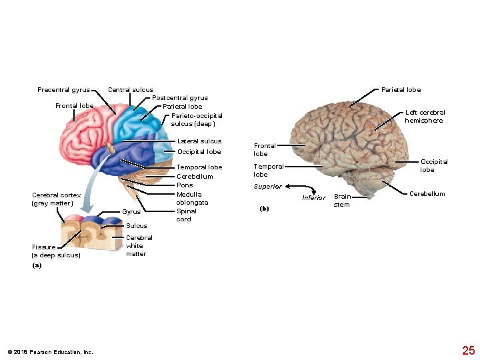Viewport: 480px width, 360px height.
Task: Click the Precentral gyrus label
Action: tap(63, 90)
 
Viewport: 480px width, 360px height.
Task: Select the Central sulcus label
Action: tap(131, 90)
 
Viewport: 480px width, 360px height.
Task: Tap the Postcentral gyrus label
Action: tap(180, 98)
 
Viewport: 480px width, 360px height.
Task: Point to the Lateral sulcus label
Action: tap(199, 141)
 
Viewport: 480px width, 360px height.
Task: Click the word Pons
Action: tap(185, 185)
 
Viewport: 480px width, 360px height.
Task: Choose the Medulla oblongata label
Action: tap(192, 198)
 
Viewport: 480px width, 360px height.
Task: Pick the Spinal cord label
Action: tap(186, 215)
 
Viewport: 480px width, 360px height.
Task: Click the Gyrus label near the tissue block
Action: tap(131, 212)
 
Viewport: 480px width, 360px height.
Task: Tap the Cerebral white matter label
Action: tap(139, 245)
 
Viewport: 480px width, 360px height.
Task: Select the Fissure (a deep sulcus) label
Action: tap(56, 251)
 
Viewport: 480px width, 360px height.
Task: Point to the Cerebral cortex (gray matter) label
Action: tap(56, 199)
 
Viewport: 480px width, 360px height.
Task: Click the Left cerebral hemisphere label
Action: tap(425, 117)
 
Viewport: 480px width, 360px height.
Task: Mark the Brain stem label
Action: tap(342, 201)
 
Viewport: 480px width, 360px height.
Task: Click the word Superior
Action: tap(267, 187)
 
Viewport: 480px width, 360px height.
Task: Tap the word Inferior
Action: tap(313, 198)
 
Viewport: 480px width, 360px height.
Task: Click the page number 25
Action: tap(468, 350)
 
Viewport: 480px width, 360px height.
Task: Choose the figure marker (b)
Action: tap(264, 209)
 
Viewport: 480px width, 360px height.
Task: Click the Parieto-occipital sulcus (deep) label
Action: tap(196, 119)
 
